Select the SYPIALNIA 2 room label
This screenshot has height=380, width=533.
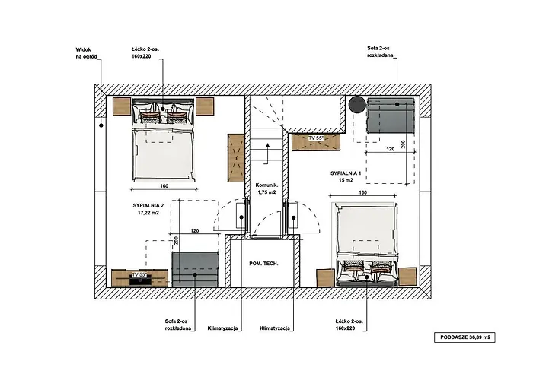pos(144,210)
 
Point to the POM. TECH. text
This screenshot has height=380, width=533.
pos(263,263)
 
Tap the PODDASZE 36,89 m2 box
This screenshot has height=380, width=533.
pos(466,336)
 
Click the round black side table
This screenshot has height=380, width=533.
pos(356,106)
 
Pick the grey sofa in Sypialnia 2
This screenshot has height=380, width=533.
pos(195,269)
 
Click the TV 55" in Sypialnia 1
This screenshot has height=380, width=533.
pos(316,139)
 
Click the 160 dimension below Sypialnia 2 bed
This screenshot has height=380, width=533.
pos(164,184)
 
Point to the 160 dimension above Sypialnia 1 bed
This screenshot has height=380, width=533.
pos(363,193)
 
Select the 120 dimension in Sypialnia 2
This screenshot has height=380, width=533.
pos(195,230)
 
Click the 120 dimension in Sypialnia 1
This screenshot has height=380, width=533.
pos(390,150)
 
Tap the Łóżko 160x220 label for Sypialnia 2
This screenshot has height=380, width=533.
pos(145,52)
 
